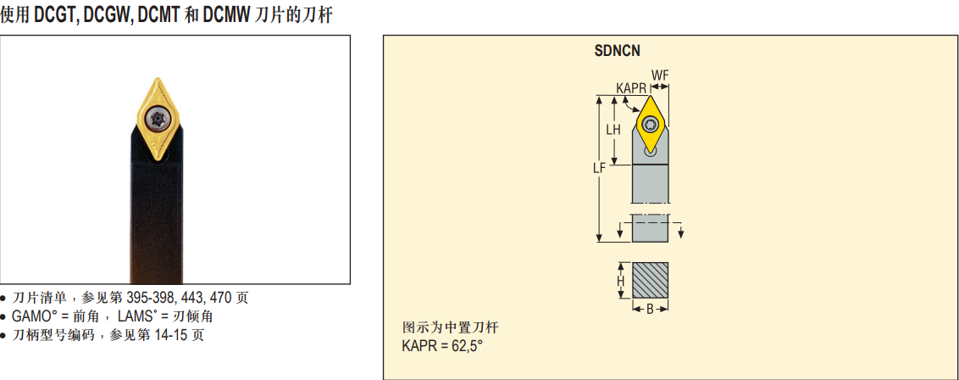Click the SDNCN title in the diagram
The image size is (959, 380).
pos(617,51)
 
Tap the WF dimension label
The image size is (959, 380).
pos(660,75)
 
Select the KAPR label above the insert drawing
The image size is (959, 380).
pos(631,89)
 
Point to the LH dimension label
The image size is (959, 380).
pos(613,130)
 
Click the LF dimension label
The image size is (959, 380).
pos(599,168)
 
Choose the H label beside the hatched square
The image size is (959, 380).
pos(620,281)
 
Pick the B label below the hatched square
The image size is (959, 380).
pos(650,309)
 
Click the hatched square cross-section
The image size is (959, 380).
pos(650,281)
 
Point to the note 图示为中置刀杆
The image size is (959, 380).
pos(450,327)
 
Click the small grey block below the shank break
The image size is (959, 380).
pos(650,227)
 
